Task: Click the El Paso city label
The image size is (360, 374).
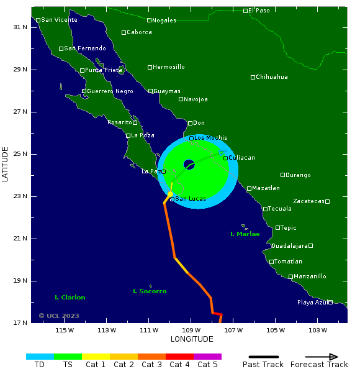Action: [x=259, y=11]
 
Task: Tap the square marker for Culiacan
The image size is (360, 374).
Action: [x=226, y=158]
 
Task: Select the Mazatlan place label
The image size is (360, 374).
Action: [x=266, y=188]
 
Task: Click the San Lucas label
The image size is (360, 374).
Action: [x=191, y=199]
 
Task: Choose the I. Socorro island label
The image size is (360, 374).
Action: [x=150, y=291]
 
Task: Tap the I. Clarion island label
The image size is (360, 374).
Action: [x=70, y=298]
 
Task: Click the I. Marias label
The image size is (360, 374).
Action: [x=245, y=234]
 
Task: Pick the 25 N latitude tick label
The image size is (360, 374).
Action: [x=20, y=154]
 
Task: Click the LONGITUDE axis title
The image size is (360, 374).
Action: [x=192, y=339]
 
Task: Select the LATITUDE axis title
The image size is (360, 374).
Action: [x=6, y=164]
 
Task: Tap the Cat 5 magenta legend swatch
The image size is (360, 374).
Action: [x=207, y=357]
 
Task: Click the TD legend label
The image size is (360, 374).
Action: [x=40, y=365]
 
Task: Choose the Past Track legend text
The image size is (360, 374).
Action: [x=263, y=365]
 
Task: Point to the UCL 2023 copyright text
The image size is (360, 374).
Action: [x=59, y=316]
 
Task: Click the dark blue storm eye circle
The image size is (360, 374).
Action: [x=189, y=165]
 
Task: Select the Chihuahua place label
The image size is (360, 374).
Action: [x=272, y=77]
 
